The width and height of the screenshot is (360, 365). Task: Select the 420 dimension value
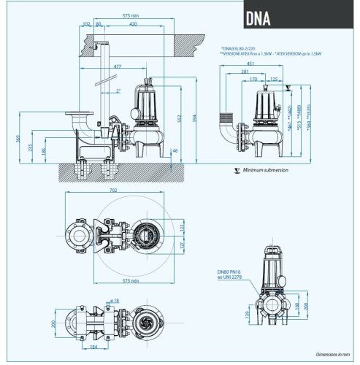[134, 24]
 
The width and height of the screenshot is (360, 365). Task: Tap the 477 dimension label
[117, 66]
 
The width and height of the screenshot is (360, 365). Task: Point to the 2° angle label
[118, 91]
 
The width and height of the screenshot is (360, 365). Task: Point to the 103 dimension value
[87, 24]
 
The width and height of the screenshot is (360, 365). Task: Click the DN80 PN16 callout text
[229, 270]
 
